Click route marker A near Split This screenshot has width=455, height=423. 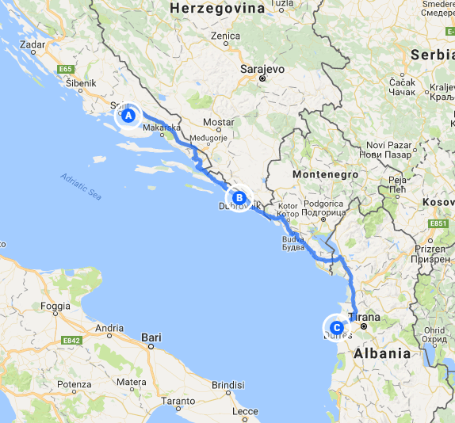(x=128, y=115)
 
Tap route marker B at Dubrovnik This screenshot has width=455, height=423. (x=238, y=197)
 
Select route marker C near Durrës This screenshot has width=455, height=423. (x=335, y=326)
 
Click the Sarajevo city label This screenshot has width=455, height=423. (x=262, y=68)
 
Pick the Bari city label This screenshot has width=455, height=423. (x=151, y=337)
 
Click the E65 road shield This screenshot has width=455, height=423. (x=66, y=70)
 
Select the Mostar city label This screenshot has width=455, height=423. (x=219, y=123)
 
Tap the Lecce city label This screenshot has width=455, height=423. (x=246, y=411)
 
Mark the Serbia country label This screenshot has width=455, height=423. (x=431, y=55)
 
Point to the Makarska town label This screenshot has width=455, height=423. (x=162, y=128)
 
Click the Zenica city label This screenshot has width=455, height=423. (x=226, y=36)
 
